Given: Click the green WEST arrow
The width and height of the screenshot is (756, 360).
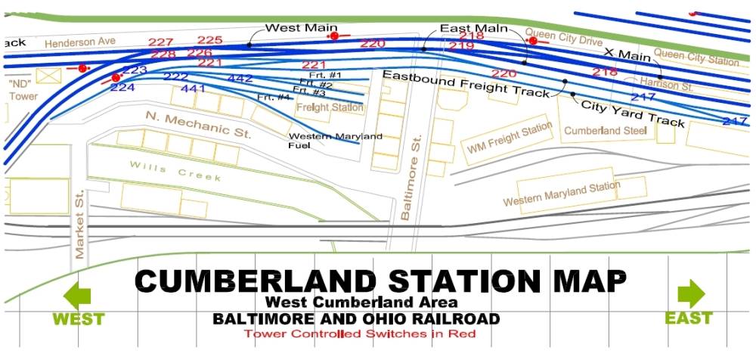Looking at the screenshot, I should click(x=78, y=294).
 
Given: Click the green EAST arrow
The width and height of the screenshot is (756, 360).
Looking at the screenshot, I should click(x=690, y=293).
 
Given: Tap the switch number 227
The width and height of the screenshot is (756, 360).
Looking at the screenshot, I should click(x=161, y=42).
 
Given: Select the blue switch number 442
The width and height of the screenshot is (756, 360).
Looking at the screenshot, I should click(x=240, y=78).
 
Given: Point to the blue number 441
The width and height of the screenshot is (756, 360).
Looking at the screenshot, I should click(x=194, y=88).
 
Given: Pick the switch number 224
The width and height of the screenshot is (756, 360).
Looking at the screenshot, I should click(x=122, y=87).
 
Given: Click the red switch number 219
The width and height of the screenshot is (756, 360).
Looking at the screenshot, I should click(x=461, y=46).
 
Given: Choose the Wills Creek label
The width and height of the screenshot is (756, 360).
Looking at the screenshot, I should click(x=175, y=171).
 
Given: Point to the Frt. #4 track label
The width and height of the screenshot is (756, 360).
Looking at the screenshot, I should click(x=274, y=97).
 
